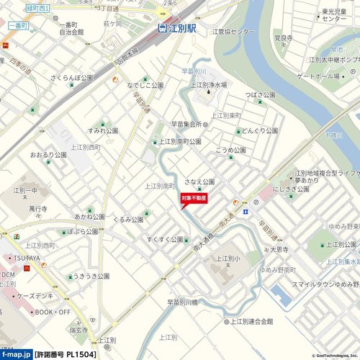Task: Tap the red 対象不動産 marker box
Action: [194, 197]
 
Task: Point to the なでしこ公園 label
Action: [145, 85]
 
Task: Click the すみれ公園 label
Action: [103, 130]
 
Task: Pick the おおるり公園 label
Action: [48, 155]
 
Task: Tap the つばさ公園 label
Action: [260, 94]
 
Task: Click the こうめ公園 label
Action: [230, 150]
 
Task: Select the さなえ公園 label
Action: [199, 181]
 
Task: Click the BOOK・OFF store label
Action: [53, 312]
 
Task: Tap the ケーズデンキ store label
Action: [43, 296]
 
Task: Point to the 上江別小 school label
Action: [228, 258]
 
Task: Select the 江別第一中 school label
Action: [25, 190]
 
